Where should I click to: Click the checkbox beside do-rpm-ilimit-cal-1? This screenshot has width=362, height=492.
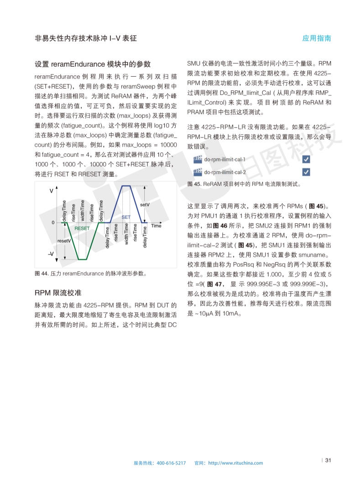pyautogui.click(x=306, y=159)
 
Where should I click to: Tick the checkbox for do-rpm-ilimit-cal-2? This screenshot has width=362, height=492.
pyautogui.click(x=306, y=172)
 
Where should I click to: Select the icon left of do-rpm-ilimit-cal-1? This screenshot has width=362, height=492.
pyautogui.click(x=198, y=159)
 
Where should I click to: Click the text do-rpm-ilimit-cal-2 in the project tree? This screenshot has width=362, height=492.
pyautogui.click(x=225, y=172)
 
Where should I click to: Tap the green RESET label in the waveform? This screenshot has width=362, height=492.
pyautogui.click(x=82, y=228)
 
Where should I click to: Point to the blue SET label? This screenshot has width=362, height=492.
pyautogui.click(x=126, y=217)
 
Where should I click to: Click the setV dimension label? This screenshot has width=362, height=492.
pyautogui.click(x=145, y=205)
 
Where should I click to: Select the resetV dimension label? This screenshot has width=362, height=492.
pyautogui.click(x=63, y=240)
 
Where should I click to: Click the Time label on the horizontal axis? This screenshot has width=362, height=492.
pyautogui.click(x=156, y=226)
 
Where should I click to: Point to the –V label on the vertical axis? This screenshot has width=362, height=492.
pyautogui.click(x=51, y=254)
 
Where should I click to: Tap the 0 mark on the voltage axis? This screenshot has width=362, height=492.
pyautogui.click(x=53, y=222)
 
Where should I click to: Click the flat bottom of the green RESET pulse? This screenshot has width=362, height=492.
pyautogui.click(x=82, y=259)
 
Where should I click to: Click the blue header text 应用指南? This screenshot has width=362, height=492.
pyautogui.click(x=317, y=38)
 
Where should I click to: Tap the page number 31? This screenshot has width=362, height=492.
pyautogui.click(x=328, y=460)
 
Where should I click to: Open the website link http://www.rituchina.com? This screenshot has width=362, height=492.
pyautogui.click(x=236, y=463)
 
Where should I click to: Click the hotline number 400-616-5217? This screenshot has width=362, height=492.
pyautogui.click(x=171, y=463)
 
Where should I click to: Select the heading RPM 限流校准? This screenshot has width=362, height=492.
pyautogui.click(x=58, y=292)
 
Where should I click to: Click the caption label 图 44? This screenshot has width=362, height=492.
pyautogui.click(x=42, y=274)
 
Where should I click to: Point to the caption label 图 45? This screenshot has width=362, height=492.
pyautogui.click(x=194, y=185)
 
